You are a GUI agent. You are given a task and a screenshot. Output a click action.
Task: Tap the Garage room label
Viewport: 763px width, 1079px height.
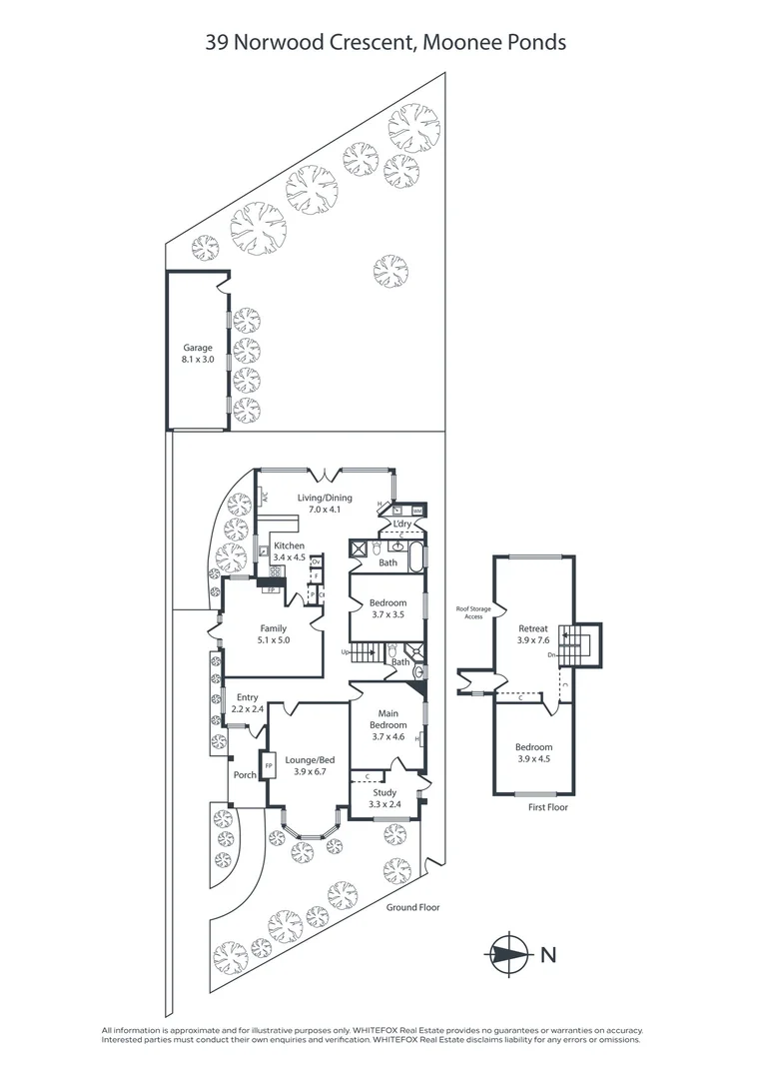point(197,348)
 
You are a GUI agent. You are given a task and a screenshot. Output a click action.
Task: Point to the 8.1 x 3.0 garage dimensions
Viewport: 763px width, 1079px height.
point(197,358)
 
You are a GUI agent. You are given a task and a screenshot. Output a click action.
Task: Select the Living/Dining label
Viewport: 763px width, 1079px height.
point(325,498)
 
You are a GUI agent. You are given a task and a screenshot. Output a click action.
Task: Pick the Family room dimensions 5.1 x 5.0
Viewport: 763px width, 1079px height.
point(273,639)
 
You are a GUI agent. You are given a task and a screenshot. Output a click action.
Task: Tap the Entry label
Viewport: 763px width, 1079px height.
point(247,697)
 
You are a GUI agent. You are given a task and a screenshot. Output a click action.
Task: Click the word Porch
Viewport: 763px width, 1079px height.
point(245,774)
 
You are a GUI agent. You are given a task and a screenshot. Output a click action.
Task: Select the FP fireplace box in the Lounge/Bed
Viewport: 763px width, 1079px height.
point(268,766)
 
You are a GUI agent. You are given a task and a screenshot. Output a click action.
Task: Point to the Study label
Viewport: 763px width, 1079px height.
point(384,792)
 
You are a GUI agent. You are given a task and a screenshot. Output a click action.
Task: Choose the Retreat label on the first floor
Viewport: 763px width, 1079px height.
point(533,628)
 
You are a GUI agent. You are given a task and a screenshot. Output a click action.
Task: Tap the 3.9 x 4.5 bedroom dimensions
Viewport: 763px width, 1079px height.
point(533,758)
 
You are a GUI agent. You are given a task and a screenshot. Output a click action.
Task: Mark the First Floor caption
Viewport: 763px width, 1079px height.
point(547,806)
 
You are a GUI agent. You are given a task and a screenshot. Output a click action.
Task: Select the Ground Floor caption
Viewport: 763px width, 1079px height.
point(412,907)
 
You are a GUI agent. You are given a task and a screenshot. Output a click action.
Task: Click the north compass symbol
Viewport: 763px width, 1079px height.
point(510,954)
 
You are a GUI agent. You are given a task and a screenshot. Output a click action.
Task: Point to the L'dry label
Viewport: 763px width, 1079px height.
point(402,524)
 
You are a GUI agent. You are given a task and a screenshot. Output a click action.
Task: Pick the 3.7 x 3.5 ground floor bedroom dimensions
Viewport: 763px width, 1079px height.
point(387,614)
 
